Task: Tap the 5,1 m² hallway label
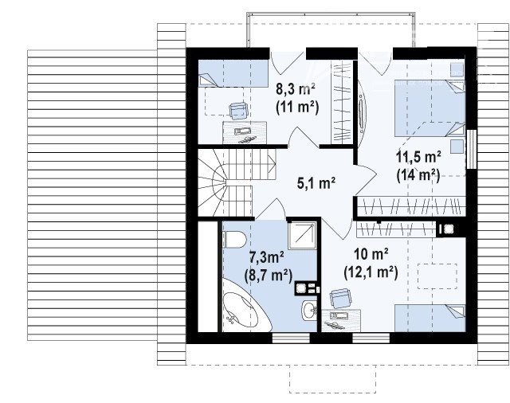pos(316,184)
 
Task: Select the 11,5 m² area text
pos(418,158)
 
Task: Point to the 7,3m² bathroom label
pos(266,258)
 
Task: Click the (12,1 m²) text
pos(371,272)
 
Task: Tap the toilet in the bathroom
pos(234,240)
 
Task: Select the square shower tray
pos(302,236)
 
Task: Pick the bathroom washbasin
pos(309,311)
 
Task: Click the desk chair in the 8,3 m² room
pos(238,111)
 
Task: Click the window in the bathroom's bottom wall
pos(291,338)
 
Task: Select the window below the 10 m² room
pos(371,338)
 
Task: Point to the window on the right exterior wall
pos(471,149)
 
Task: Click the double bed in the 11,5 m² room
pos(430,108)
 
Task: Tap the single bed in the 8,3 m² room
pos(233,74)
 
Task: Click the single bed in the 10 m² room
pos(430,319)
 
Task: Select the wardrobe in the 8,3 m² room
pos(342,102)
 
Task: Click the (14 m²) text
pos(418,176)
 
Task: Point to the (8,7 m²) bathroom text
pos(269,276)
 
